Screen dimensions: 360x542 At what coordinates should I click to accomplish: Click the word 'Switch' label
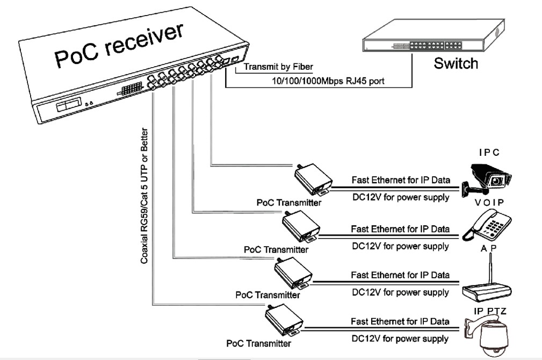456,63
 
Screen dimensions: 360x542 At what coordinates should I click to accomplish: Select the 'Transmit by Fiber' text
278,67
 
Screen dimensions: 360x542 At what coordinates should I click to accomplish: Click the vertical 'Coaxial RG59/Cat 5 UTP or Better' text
144,196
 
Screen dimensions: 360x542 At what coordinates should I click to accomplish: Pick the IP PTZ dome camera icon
491,336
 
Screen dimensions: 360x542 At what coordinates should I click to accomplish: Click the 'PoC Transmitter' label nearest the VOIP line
276,249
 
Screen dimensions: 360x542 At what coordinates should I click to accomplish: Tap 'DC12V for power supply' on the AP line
400,293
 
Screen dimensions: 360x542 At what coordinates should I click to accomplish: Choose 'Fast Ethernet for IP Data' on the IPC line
401,179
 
